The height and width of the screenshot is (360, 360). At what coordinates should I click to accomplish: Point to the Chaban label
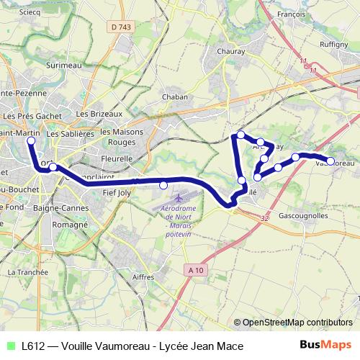tap(175, 96)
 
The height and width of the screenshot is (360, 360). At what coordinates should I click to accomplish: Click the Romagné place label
tap(70, 224)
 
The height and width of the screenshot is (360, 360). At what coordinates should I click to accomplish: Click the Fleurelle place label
tap(117, 158)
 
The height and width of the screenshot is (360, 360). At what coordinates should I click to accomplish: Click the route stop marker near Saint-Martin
tap(31, 141)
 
